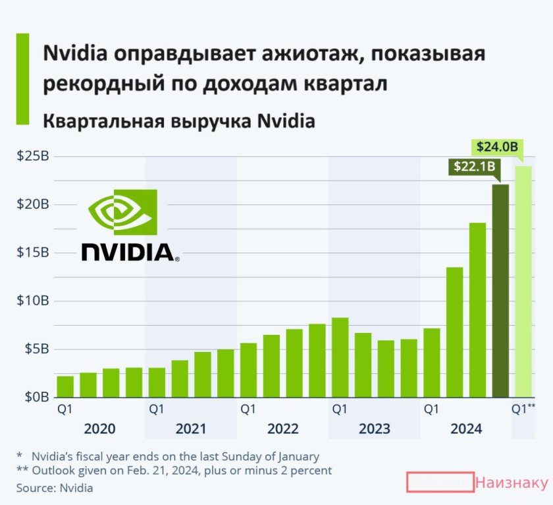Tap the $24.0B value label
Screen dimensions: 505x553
496,146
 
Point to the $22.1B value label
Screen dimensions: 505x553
473,167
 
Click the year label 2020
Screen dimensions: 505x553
99,429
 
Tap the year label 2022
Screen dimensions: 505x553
283,429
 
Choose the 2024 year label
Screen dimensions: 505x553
466,429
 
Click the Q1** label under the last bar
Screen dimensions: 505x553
523,409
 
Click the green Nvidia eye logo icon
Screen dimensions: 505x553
122,212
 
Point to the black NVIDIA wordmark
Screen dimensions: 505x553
129,252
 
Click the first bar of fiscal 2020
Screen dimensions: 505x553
65,386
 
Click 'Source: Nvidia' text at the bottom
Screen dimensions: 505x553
55,489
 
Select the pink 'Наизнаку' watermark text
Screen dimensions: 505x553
511,483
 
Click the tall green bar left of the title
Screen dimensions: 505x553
23,78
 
